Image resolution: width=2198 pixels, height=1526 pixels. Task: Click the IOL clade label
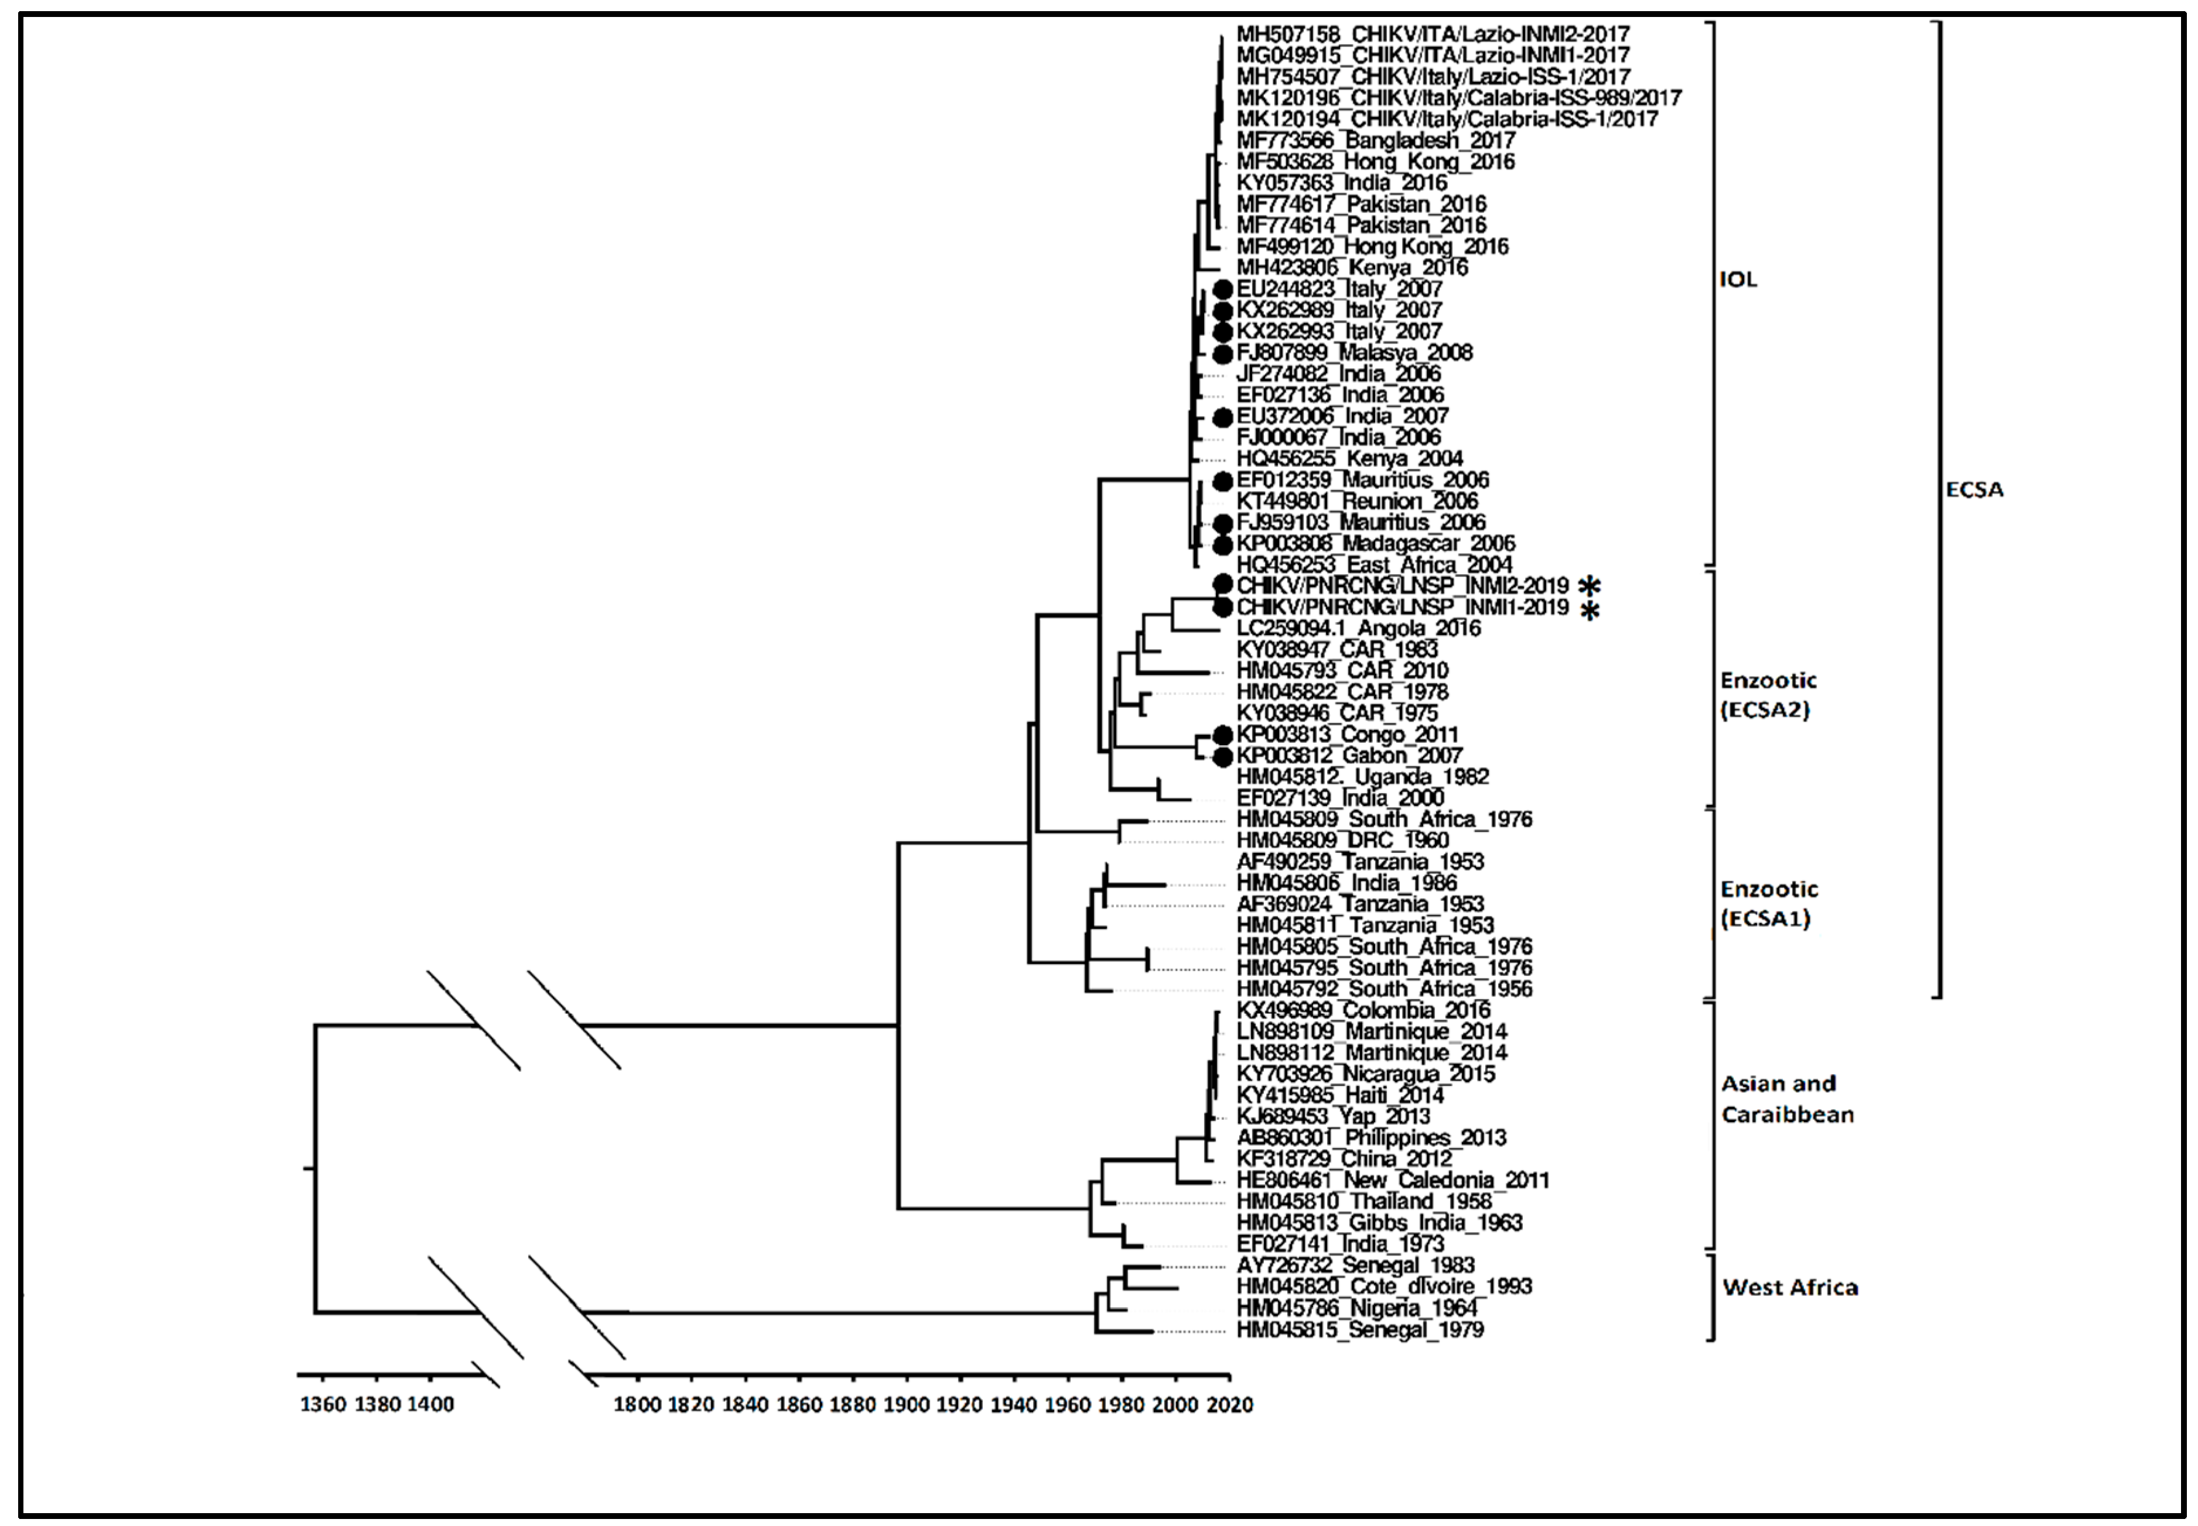[x=1737, y=280]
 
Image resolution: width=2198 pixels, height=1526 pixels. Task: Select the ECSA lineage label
[x=1974, y=489]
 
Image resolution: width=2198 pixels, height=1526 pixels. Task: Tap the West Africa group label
[x=1790, y=1287]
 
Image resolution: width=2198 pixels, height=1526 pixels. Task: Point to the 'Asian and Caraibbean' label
[x=1787, y=1099]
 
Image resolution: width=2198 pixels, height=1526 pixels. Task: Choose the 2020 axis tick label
[x=1230, y=1405]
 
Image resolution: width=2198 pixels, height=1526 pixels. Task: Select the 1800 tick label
[x=637, y=1405]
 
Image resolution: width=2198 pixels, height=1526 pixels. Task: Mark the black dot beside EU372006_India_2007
[x=1222, y=417]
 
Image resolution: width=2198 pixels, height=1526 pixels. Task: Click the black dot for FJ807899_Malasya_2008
[x=1222, y=354]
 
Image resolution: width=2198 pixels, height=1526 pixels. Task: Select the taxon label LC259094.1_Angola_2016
[x=1358, y=628]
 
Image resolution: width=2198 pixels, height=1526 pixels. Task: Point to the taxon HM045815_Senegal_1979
[x=1359, y=1330]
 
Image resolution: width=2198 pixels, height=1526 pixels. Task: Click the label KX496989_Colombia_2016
[x=1363, y=1011]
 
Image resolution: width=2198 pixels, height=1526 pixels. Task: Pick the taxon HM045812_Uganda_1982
[x=1362, y=776]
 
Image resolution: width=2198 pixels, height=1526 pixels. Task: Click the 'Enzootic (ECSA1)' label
[x=1769, y=904]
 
